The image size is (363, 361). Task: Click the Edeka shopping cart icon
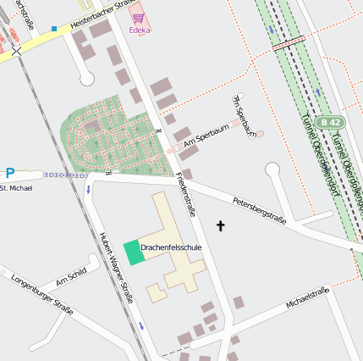(x=137, y=17)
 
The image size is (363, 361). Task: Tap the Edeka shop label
(x=140, y=30)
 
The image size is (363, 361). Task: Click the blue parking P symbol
(x=10, y=173)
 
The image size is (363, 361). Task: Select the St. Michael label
(x=16, y=187)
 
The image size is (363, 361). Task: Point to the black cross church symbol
(x=222, y=226)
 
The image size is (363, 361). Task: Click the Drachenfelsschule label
(x=171, y=247)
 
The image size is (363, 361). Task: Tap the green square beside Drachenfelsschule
(x=133, y=253)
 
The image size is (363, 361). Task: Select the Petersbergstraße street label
(x=260, y=210)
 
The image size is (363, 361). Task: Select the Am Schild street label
(x=71, y=277)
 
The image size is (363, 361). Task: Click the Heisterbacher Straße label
(x=101, y=14)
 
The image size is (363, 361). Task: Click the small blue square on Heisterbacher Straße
(x=54, y=29)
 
